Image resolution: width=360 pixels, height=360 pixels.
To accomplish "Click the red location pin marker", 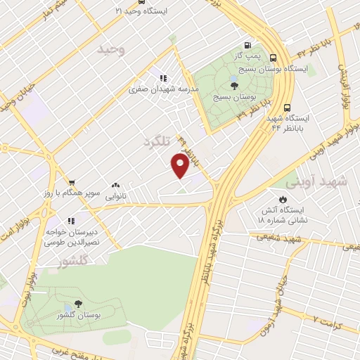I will point(180,166).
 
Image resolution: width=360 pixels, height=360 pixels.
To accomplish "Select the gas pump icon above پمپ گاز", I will point(247,43).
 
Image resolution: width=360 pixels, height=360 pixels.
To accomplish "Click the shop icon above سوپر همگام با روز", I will point(70,181).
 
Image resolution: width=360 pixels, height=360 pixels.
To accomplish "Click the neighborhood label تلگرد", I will point(157,142).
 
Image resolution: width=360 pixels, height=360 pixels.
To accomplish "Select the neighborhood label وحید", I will point(112,49).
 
